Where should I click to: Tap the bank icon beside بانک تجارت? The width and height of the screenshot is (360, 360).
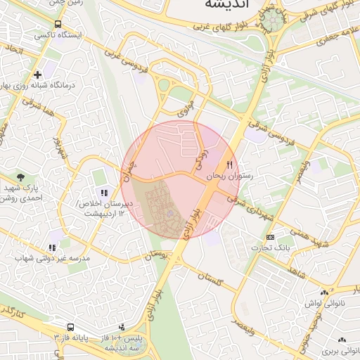tap(270, 237)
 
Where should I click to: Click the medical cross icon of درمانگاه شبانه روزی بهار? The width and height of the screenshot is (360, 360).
tap(37, 75)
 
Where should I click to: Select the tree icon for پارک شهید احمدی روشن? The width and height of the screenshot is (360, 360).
tap(21, 177)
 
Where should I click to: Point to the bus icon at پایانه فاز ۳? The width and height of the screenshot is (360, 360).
tap(70, 328)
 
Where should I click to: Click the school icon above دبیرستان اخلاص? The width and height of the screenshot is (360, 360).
tap(104, 193)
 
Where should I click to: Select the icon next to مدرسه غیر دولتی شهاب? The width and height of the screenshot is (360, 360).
tap(52, 247)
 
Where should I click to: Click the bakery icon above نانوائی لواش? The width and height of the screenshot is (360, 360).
tap(323, 292)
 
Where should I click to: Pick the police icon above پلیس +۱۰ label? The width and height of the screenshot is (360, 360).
tap(122, 327)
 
